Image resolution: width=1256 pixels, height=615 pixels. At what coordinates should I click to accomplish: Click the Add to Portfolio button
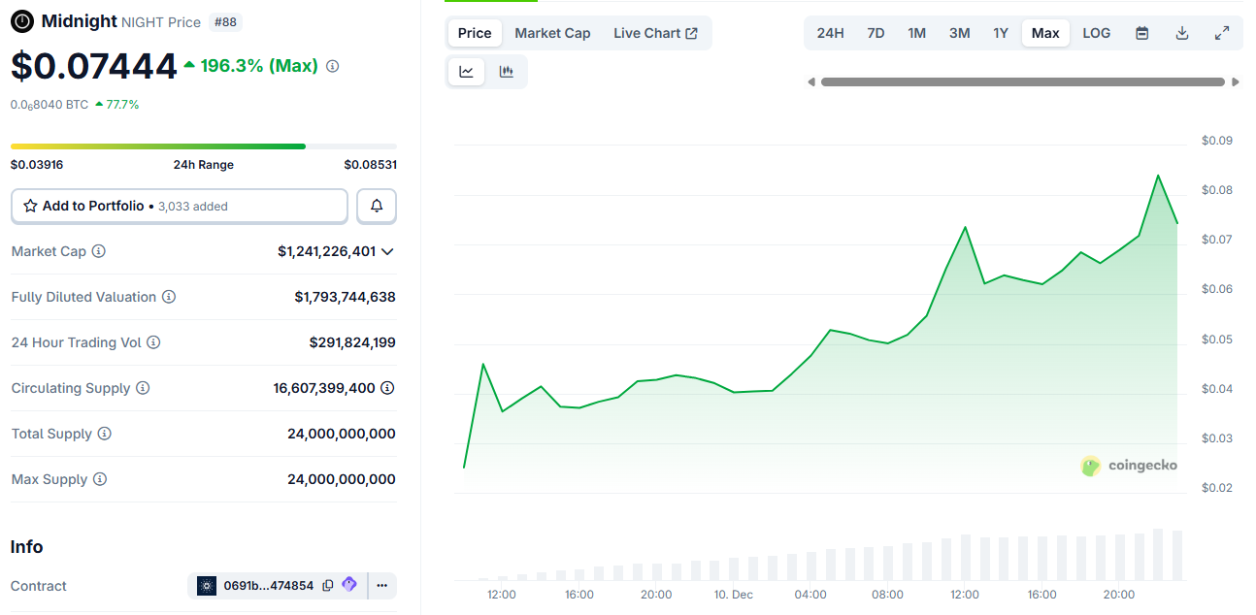click(x=179, y=206)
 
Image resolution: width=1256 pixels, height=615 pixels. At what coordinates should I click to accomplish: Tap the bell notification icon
click(x=377, y=206)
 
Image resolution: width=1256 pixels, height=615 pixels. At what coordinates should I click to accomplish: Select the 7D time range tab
click(x=876, y=33)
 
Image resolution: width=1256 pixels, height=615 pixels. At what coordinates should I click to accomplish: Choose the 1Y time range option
click(x=1001, y=33)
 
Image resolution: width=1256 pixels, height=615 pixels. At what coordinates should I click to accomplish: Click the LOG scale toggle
click(x=1096, y=33)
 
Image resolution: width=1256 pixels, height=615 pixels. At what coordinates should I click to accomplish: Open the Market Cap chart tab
click(x=552, y=33)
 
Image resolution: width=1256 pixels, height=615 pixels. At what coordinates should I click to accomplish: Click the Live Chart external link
click(x=655, y=33)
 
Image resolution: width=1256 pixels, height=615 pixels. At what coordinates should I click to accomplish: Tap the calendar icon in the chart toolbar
click(x=1142, y=33)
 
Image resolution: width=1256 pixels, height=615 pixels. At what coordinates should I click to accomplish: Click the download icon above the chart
click(x=1182, y=33)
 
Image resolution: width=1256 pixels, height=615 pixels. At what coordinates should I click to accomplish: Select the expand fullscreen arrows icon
click(x=1222, y=33)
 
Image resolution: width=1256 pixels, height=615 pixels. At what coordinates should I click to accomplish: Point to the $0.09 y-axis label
click(x=1216, y=141)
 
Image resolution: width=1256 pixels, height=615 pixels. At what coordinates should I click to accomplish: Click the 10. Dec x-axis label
click(x=733, y=595)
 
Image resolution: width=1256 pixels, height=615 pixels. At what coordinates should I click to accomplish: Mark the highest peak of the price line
click(x=1157, y=176)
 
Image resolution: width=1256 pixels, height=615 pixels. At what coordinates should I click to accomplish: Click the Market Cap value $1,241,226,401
click(x=326, y=251)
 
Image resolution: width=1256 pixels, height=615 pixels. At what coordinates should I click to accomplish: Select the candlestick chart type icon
click(x=506, y=72)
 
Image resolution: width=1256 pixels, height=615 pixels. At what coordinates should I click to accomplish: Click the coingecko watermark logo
click(x=1129, y=466)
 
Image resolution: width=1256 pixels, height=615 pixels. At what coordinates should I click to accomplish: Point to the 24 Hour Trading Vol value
click(x=352, y=342)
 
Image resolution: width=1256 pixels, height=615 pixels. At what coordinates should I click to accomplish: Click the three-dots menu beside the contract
click(x=381, y=586)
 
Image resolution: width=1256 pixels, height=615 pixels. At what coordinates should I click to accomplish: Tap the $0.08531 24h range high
click(x=370, y=165)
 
